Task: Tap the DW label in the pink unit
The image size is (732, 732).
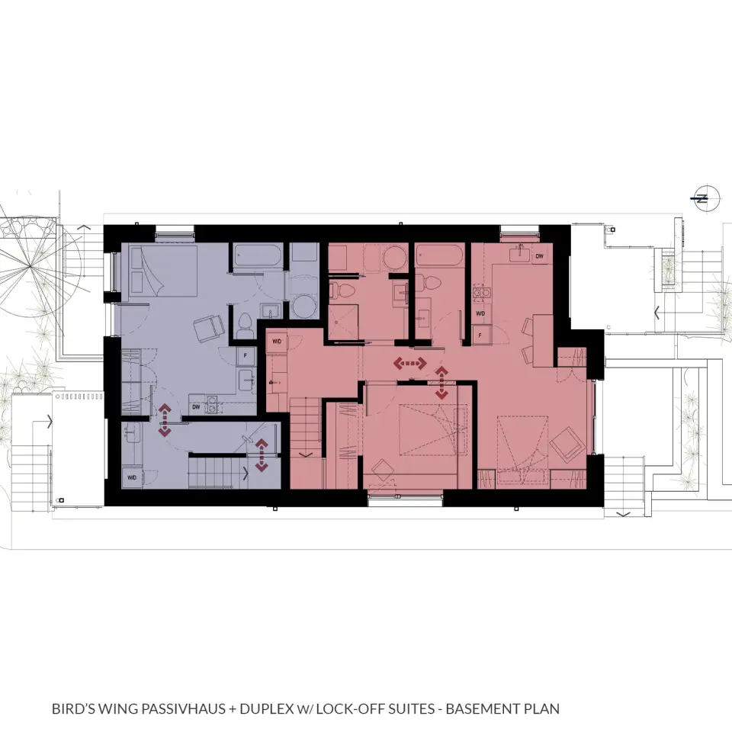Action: (539, 256)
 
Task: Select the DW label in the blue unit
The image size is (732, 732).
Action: (196, 407)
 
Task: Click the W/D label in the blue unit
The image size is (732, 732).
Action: (132, 477)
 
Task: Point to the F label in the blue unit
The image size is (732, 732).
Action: (246, 356)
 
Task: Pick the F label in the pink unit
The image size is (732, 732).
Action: (480, 335)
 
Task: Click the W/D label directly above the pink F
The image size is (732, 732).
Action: (480, 313)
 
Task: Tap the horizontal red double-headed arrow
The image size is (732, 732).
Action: (410, 363)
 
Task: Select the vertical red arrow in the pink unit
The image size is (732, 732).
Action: (441, 383)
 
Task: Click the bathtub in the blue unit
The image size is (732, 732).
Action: (257, 255)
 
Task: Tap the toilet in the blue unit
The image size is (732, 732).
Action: (244, 326)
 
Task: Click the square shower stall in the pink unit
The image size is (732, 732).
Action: (343, 322)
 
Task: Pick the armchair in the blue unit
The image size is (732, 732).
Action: (209, 328)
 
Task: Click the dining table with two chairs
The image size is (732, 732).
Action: (538, 340)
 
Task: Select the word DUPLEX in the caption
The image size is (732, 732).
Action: (266, 708)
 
